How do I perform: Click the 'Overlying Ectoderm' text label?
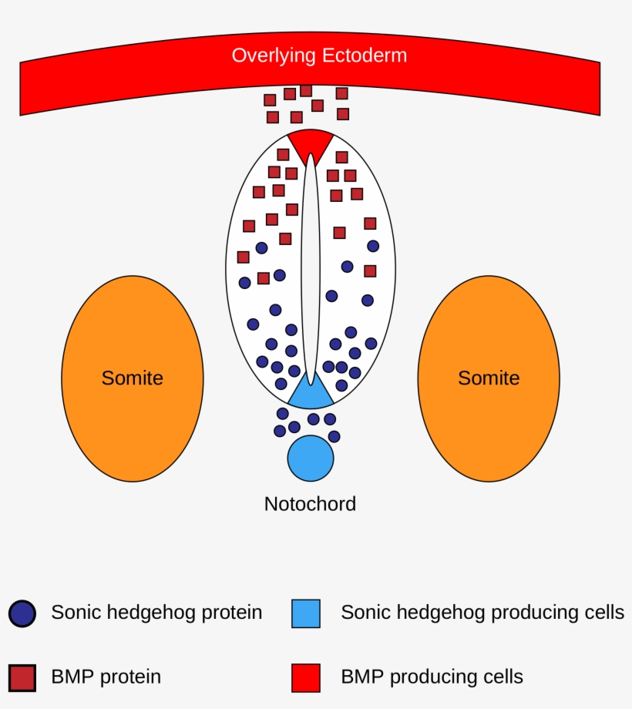tap(319, 55)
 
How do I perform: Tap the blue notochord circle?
tap(311, 458)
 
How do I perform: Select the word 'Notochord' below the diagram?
tap(310, 504)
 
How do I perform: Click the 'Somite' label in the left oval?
tap(133, 378)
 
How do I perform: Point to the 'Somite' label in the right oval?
tap(489, 378)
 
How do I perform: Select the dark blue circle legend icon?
tap(22, 613)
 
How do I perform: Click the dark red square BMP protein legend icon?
tap(22, 677)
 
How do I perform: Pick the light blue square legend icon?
tap(306, 613)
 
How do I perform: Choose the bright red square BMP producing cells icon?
tap(306, 677)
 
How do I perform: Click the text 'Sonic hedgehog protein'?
tap(156, 613)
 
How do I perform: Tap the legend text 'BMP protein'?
tap(106, 677)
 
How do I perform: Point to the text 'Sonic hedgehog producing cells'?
tap(482, 613)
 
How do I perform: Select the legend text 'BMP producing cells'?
tap(432, 677)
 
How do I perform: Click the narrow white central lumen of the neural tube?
tap(311, 270)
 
